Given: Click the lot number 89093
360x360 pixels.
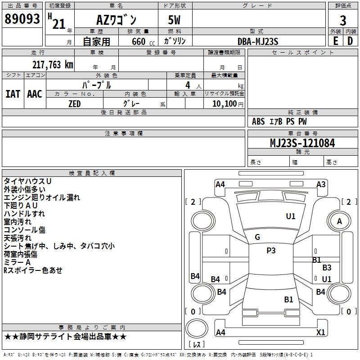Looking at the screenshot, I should click(x=22, y=19).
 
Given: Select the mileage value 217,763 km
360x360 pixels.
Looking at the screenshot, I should click(x=53, y=65).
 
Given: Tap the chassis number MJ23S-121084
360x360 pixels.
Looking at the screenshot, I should click(x=302, y=144).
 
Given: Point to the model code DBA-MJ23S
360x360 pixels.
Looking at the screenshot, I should click(x=258, y=41).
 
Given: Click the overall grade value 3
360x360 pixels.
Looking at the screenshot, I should click(x=343, y=20).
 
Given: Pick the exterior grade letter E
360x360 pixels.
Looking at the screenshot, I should click(x=335, y=41).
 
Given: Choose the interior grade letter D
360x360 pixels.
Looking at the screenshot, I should click(x=350, y=41).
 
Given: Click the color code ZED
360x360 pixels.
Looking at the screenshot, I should click(x=74, y=104).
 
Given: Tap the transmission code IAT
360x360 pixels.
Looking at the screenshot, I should click(x=13, y=94).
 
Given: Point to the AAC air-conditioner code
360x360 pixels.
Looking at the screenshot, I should click(x=35, y=94).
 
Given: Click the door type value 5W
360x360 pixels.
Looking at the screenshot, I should click(x=175, y=20).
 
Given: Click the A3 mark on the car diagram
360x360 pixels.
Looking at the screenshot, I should click(x=321, y=184).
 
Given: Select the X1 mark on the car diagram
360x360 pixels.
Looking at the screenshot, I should click(x=321, y=332).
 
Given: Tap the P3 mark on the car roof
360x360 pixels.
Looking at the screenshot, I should click(x=271, y=251).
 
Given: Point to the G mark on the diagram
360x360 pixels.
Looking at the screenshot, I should click(x=257, y=237).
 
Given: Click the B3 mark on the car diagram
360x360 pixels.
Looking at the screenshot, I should click(x=327, y=268).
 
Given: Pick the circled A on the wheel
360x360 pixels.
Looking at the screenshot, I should click(x=339, y=221).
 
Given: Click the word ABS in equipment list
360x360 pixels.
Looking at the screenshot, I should click(x=258, y=121).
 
